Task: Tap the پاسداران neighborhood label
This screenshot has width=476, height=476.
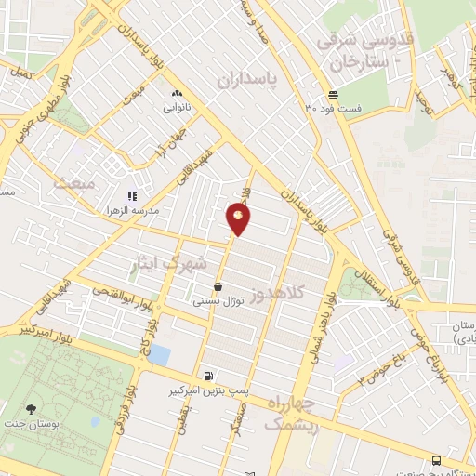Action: tap(247, 81)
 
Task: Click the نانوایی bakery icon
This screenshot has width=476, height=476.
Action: tap(176, 94)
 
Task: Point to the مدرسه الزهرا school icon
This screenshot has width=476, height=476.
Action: tap(132, 196)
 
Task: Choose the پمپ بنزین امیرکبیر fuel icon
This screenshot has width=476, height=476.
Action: tap(206, 377)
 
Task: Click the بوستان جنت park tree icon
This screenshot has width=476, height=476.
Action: tap(33, 409)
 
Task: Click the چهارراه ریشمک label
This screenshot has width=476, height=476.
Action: tap(292, 414)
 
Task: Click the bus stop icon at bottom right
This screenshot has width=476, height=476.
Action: tap(437, 459)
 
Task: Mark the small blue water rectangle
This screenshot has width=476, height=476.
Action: tap(160, 354)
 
